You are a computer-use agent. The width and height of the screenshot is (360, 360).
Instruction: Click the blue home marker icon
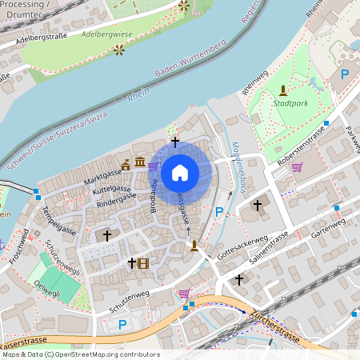180,172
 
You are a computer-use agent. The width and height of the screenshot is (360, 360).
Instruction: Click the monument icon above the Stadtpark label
282,90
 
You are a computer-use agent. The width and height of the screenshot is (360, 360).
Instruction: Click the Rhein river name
138,97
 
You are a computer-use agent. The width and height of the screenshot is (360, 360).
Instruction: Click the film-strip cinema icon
142,262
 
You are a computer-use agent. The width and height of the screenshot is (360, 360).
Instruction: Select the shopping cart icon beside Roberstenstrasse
298,167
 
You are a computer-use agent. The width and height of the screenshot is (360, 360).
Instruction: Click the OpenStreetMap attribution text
80,354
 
